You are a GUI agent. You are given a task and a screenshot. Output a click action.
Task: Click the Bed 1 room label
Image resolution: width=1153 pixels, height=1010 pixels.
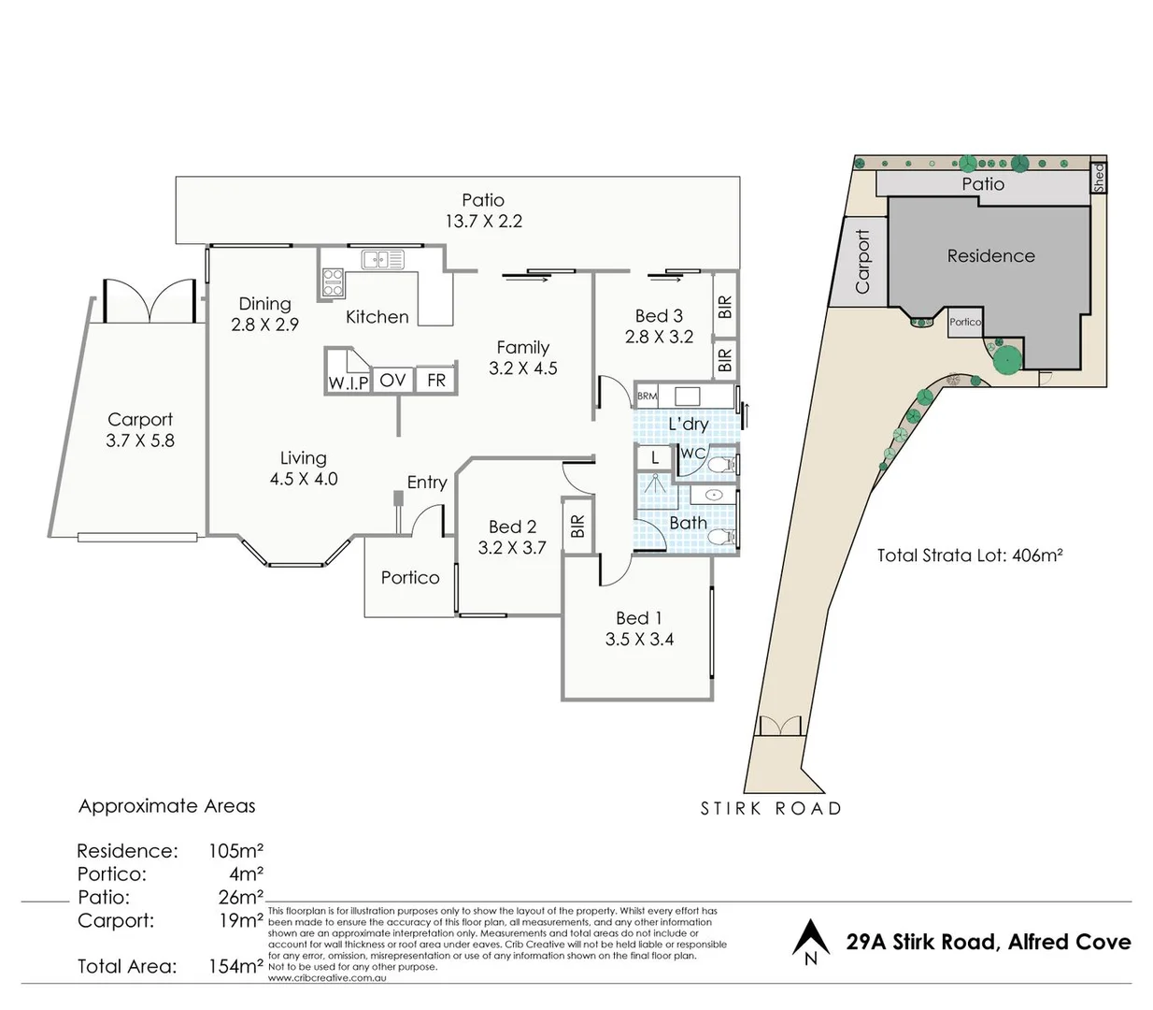pos(639,618)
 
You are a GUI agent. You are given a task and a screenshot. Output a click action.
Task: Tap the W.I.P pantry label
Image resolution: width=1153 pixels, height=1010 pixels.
pos(348,382)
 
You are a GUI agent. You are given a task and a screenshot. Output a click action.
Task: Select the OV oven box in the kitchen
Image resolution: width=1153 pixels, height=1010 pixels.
pos(392,380)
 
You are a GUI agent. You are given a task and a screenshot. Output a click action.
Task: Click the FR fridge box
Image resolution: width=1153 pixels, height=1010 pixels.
pos(436,380)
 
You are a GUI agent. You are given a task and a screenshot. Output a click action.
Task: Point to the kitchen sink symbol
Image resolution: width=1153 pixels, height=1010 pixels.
pos(382,259)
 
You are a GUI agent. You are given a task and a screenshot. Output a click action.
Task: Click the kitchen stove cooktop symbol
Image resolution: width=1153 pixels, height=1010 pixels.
pos(334,282)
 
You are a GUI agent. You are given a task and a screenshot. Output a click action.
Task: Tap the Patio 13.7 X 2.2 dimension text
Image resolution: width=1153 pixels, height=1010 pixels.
pos(483,222)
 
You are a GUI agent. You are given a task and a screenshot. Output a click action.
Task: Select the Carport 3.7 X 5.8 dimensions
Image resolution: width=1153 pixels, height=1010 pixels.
pos(140,440)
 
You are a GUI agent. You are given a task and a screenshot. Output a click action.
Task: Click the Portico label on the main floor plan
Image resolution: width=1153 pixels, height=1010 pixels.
pos(410,578)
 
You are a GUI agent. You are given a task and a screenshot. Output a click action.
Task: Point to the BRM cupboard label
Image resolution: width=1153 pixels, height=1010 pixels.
pos(647,397)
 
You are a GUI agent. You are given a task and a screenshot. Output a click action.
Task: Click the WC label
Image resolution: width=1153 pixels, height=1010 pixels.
pos(692,454)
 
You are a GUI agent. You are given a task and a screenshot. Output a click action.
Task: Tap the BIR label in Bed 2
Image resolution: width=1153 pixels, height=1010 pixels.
pos(577,527)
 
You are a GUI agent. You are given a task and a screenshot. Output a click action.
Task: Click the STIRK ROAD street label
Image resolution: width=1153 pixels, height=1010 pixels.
pos(771,809)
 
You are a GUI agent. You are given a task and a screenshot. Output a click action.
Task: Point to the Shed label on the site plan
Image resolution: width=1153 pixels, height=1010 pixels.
pos(1099,176)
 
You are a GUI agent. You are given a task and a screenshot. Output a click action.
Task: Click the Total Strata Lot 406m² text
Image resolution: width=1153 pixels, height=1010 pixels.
pos(970,555)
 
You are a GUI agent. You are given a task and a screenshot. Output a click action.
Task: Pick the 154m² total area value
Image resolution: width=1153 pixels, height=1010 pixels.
pos(235,967)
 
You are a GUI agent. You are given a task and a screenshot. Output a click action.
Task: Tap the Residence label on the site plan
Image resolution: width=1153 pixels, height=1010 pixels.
pos(990,256)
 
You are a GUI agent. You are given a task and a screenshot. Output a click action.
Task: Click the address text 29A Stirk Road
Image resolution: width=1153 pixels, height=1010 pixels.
pos(989,942)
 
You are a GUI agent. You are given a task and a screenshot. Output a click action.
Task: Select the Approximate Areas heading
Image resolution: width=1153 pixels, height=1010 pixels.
pos(166,806)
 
